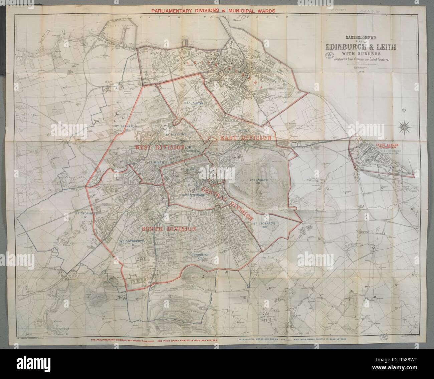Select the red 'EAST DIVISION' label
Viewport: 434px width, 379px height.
click(244, 137)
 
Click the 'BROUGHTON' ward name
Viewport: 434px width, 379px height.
click(193, 103)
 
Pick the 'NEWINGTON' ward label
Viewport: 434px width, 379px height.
click(200, 255)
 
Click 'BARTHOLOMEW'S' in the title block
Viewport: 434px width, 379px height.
click(357, 38)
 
